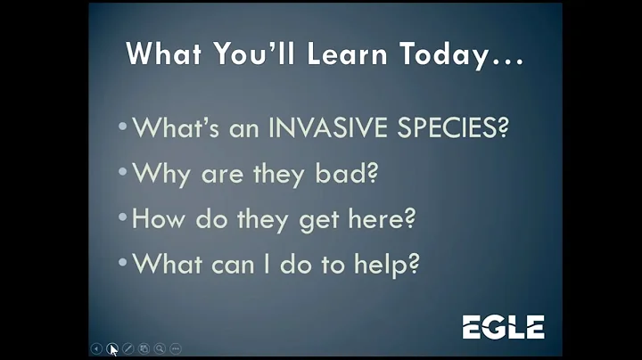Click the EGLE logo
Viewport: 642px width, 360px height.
click(x=503, y=327)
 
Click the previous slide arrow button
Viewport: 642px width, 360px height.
click(x=96, y=348)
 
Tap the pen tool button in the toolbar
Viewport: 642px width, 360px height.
click(x=128, y=348)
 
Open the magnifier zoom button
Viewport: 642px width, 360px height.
click(x=160, y=348)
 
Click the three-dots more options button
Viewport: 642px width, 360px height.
click(x=176, y=348)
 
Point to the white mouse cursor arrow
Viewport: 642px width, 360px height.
click(x=113, y=349)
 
